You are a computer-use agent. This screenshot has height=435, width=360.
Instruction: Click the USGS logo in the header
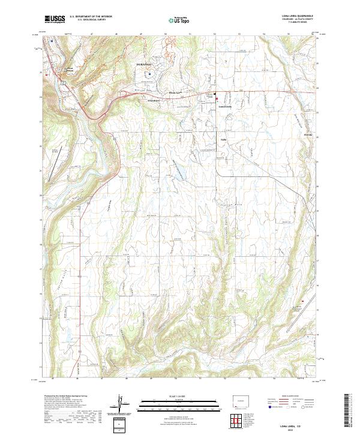[x=55, y=19]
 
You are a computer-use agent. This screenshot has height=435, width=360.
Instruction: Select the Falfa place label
[x=220, y=140]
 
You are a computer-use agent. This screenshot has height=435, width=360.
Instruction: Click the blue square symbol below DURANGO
[x=151, y=74]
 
